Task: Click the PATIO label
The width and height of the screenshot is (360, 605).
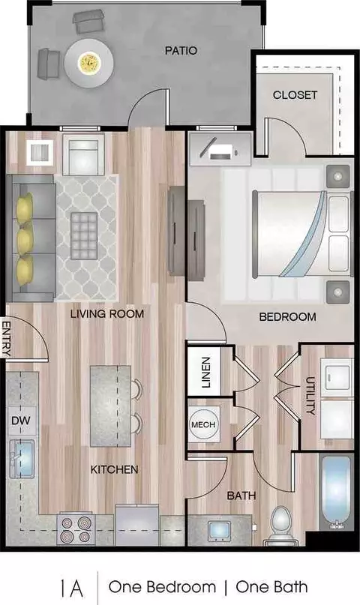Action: pyautogui.click(x=181, y=50)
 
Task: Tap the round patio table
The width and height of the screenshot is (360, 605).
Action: pyautogui.click(x=89, y=62)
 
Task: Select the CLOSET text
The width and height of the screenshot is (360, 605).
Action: pyautogui.click(x=295, y=95)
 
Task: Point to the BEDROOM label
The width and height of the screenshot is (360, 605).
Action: pyautogui.click(x=287, y=317)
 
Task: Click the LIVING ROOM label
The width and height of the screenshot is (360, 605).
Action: pyautogui.click(x=107, y=313)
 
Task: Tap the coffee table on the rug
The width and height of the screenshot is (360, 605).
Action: pyautogui.click(x=84, y=235)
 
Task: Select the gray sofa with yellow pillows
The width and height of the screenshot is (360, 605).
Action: pyautogui.click(x=32, y=238)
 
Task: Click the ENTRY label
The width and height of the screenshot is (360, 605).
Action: pyautogui.click(x=6, y=338)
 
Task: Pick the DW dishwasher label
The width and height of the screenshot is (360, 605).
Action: pyautogui.click(x=21, y=420)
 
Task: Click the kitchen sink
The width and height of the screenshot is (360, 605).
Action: pyautogui.click(x=24, y=459)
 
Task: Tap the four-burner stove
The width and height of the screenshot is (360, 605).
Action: pyautogui.click(x=76, y=529)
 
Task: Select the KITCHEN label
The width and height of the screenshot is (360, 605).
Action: pyautogui.click(x=114, y=469)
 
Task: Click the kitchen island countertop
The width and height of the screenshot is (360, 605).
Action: pyautogui.click(x=111, y=406)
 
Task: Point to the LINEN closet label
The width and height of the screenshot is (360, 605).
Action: pyautogui.click(x=206, y=372)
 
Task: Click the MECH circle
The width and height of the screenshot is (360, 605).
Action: pyautogui.click(x=203, y=425)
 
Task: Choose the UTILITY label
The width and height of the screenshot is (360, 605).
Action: pyautogui.click(x=310, y=396)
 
